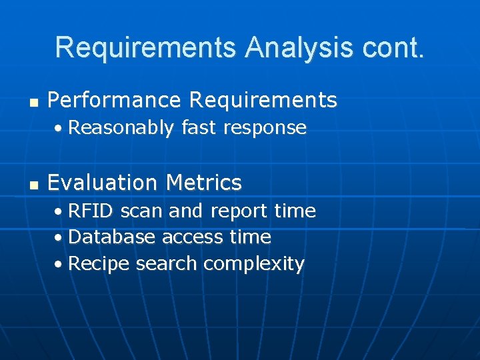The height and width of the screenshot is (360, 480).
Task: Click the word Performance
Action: [115, 101]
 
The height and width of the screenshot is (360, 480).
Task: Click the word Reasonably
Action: [121, 128]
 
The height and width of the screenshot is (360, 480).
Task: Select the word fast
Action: [198, 127]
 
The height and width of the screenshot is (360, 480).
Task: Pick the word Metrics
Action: [204, 182]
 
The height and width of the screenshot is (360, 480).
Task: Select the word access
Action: [193, 238]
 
